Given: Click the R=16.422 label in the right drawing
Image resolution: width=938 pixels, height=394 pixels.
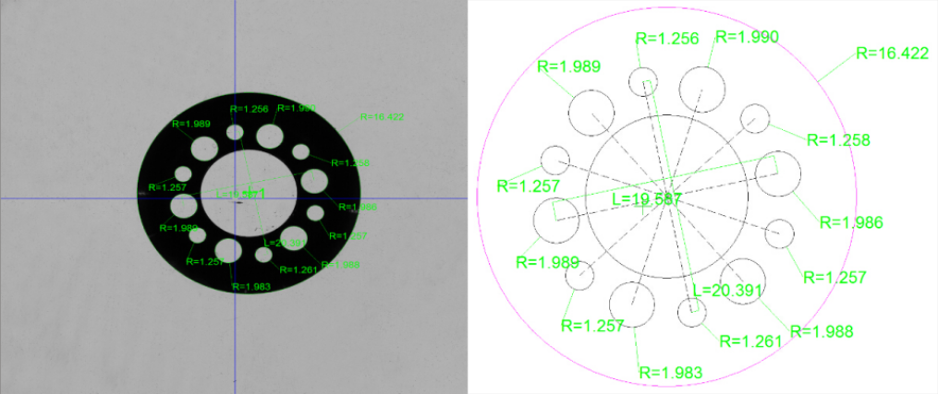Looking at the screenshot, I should [892, 53].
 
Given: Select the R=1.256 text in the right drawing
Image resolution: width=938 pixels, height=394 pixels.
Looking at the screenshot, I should [669, 38].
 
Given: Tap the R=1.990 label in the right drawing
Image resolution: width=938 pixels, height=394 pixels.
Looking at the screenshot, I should [748, 37].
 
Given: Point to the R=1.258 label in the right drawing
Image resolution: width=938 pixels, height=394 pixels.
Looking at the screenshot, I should [838, 140].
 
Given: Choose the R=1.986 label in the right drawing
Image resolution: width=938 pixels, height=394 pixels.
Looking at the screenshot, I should [851, 222].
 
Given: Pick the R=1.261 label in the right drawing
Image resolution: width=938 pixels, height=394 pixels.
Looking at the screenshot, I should [749, 341].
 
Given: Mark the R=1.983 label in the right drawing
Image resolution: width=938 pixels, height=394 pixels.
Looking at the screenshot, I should [671, 373].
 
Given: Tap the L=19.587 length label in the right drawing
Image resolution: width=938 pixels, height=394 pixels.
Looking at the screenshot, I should [647, 199].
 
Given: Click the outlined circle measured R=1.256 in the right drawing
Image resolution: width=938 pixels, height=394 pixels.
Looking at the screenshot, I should [644, 81].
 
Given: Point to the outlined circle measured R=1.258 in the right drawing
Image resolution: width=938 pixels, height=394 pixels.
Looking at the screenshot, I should [756, 118].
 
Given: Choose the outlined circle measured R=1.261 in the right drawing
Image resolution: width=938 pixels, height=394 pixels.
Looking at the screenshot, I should [692, 312].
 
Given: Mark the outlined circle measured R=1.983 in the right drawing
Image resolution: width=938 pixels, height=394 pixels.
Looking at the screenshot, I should [633, 305].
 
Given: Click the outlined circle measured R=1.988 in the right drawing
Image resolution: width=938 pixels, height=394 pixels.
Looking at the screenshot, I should [741, 281].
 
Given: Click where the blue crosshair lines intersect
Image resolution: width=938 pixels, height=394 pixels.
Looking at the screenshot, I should [236, 197].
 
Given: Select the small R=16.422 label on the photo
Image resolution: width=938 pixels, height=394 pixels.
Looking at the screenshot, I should [382, 117].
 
